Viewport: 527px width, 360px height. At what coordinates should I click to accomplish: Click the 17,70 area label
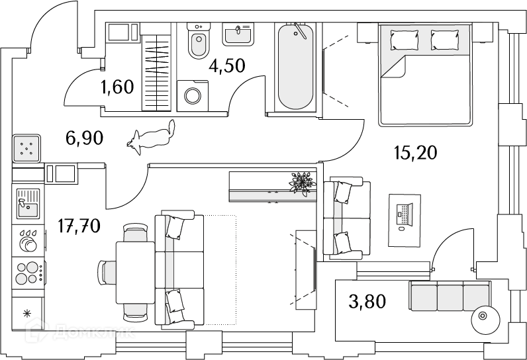click(79, 226)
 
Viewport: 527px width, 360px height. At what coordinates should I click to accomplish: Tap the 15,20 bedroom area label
click(415, 153)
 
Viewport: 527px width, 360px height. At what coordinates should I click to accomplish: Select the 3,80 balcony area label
click(367, 301)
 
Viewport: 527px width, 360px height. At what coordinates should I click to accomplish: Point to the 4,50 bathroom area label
click(227, 66)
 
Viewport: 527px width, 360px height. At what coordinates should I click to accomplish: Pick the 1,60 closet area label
click(117, 87)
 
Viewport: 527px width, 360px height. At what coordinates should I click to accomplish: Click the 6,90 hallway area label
click(84, 138)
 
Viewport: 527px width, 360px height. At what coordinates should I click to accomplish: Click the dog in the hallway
click(151, 137)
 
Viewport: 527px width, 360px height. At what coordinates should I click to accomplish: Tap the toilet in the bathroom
click(199, 41)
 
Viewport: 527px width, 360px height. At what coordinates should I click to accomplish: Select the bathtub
click(296, 67)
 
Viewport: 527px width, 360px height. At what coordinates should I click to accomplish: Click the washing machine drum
click(193, 96)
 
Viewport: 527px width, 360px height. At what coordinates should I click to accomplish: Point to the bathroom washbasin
click(238, 34)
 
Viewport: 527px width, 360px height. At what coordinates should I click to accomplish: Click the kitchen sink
click(28, 204)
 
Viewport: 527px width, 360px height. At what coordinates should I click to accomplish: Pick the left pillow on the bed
click(405, 40)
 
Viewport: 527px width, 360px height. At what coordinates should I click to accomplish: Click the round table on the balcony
click(483, 316)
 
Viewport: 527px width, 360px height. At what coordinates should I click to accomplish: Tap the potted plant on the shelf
click(303, 183)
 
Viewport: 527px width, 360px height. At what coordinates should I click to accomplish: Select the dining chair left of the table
click(107, 273)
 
